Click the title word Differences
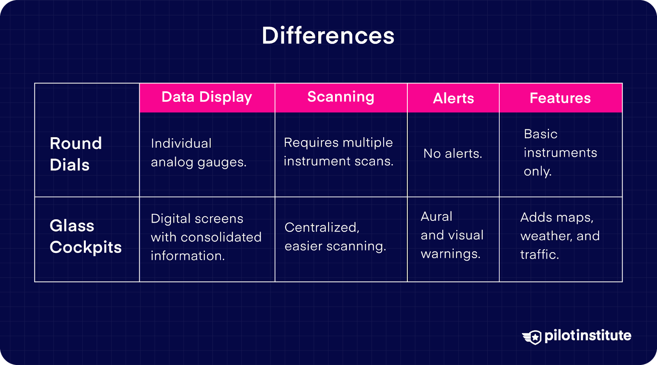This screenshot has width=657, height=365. tap(328, 36)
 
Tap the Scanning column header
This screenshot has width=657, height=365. tap(341, 97)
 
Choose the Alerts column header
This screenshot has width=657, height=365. tap(453, 98)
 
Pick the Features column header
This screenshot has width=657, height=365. tap(560, 98)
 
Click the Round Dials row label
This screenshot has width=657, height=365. tap(76, 154)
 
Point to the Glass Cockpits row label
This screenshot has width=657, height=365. tap(85, 236)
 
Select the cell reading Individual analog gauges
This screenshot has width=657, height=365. tap(199, 153)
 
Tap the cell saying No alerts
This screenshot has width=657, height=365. tap(453, 153)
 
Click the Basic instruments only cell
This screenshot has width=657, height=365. tap(560, 152)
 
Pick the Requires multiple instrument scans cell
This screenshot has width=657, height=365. tap(338, 152)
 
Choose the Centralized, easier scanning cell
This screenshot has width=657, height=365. tap(335, 236)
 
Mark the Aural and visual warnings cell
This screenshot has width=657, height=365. tap(452, 235)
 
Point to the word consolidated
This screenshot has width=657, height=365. tap(221, 237)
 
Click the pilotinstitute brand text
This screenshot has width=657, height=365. tap(588, 336)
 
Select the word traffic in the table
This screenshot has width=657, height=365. tap(540, 255)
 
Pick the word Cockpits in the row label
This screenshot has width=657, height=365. tap(85, 248)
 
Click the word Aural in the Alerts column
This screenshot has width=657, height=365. tap(436, 217)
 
